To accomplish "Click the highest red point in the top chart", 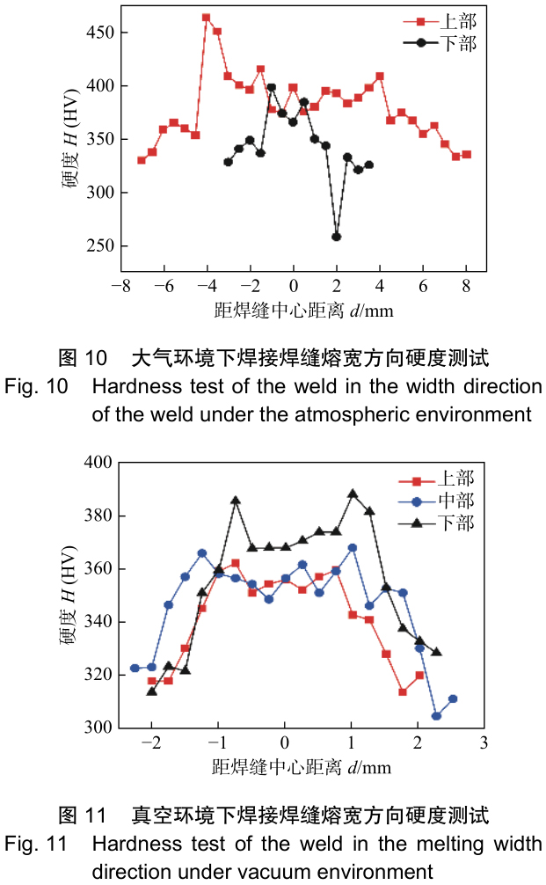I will pos(207,17).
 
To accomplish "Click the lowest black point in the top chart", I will pos(336,237).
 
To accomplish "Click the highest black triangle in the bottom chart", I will pos(353,494).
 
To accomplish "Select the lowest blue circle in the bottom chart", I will pos(436,716).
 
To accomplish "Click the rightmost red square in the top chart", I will pos(467,154).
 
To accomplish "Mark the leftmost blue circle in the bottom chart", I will pos(135,668).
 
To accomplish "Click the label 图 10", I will pos(83,358).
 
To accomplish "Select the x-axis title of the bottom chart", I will pos(302,766).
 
